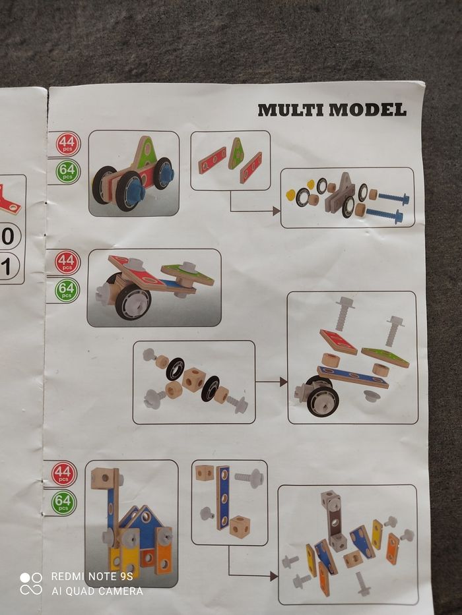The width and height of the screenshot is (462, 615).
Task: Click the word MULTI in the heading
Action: click(x=291, y=110)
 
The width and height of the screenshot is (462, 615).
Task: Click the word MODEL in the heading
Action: click(x=368, y=109)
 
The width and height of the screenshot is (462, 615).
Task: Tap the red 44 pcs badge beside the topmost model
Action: click(x=67, y=144)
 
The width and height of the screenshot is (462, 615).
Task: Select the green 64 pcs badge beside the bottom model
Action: click(x=63, y=502)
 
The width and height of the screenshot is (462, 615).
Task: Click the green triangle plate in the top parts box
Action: click(x=236, y=154)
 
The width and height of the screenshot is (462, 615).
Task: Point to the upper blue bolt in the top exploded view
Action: click(x=393, y=197)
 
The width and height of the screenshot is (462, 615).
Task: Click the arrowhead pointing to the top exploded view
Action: click(x=277, y=211)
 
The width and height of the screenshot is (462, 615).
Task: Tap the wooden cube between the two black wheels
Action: click(x=193, y=379)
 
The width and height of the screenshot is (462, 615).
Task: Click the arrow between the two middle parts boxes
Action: click(x=271, y=381)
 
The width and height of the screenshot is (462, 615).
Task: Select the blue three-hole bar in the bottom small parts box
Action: click(x=224, y=498)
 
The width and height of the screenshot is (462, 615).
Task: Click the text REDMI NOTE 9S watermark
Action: click(x=92, y=576)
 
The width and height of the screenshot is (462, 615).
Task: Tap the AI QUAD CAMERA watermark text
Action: click(x=97, y=591)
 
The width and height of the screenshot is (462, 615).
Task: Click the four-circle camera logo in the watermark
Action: click(x=31, y=583)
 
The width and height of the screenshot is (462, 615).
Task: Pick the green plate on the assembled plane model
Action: click(x=188, y=272)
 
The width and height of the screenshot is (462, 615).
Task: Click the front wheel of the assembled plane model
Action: click(x=133, y=301)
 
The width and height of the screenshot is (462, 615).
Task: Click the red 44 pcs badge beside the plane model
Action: click(x=67, y=262)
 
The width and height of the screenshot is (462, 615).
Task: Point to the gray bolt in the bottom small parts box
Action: click(x=249, y=478)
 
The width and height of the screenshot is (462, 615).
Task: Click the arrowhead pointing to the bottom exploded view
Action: click(x=274, y=576)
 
